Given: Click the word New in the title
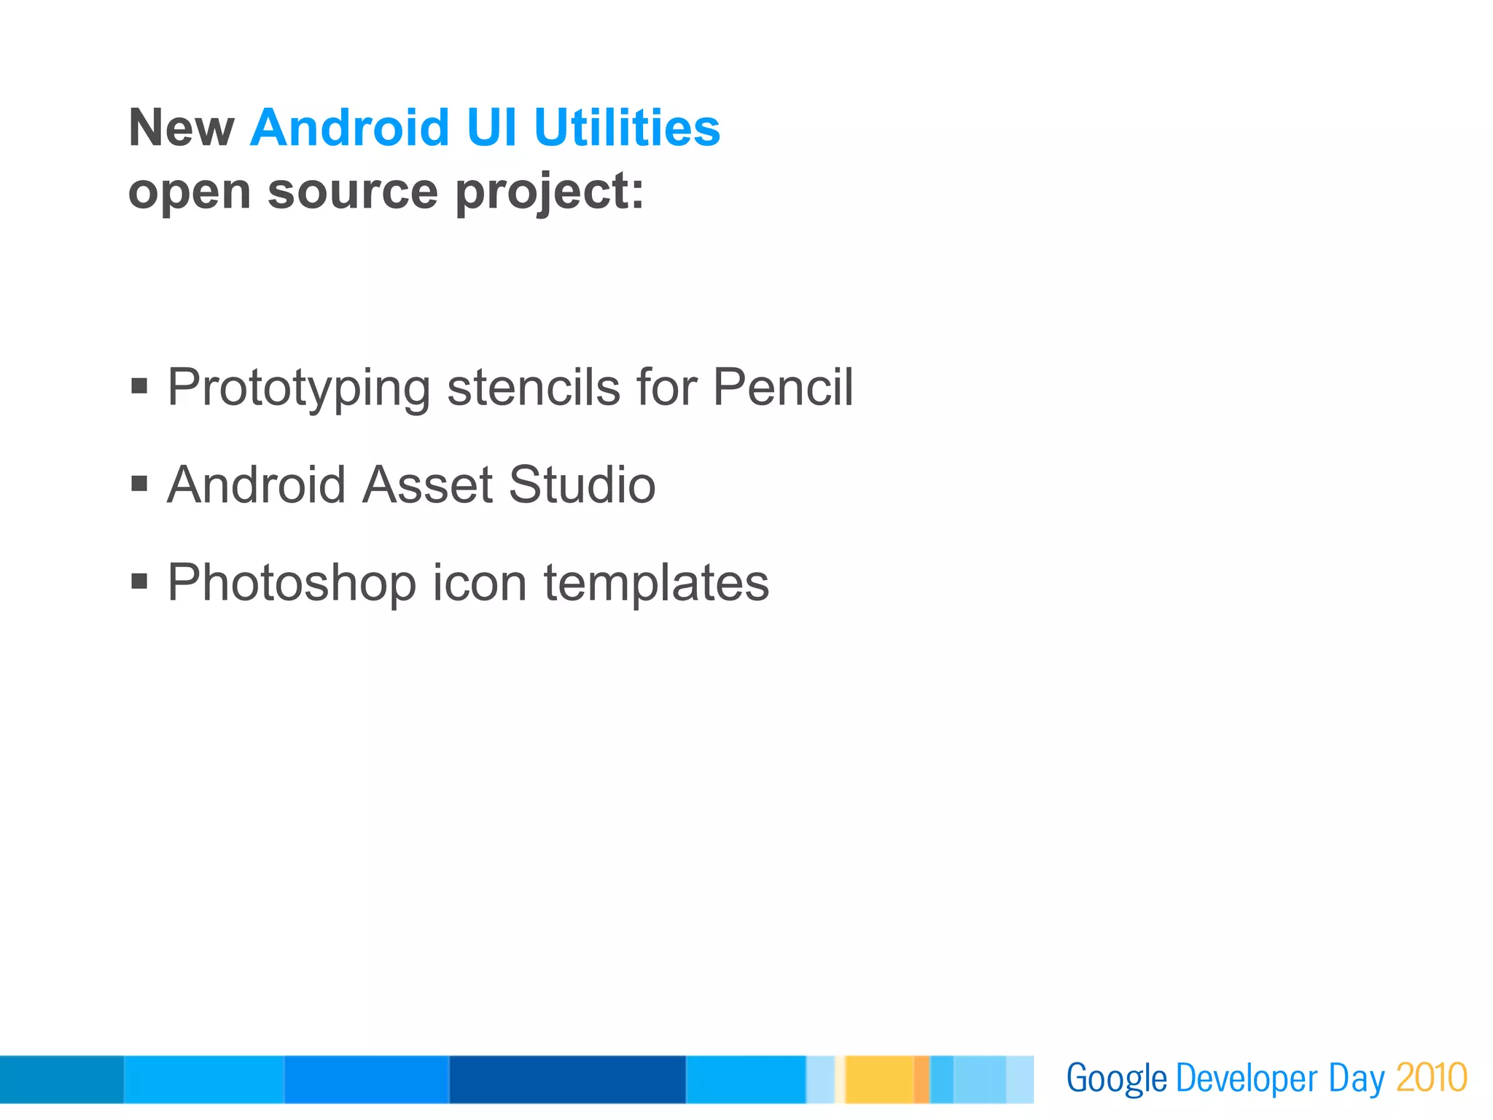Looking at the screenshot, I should [x=182, y=128].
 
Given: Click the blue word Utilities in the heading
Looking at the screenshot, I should [x=627, y=128].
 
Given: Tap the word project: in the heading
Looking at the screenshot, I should [x=550, y=193].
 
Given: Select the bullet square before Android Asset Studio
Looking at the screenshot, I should [x=139, y=484].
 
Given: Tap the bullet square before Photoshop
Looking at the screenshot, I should [x=139, y=581].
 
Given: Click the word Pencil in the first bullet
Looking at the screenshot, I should [x=782, y=386].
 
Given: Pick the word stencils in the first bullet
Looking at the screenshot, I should [x=533, y=386].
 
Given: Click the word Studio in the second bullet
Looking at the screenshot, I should [x=582, y=484].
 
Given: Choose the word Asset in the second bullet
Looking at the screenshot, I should [x=427, y=484].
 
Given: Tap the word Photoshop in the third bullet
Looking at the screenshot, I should [x=292, y=583].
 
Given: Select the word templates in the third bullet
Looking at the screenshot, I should [x=656, y=583].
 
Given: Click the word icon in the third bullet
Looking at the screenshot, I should [x=479, y=581].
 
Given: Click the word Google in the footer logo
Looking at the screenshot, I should [x=1116, y=1079].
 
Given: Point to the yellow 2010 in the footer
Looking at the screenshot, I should [x=1431, y=1078].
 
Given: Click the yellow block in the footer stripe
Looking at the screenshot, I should [x=879, y=1079].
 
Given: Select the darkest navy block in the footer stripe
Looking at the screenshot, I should [x=567, y=1079].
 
